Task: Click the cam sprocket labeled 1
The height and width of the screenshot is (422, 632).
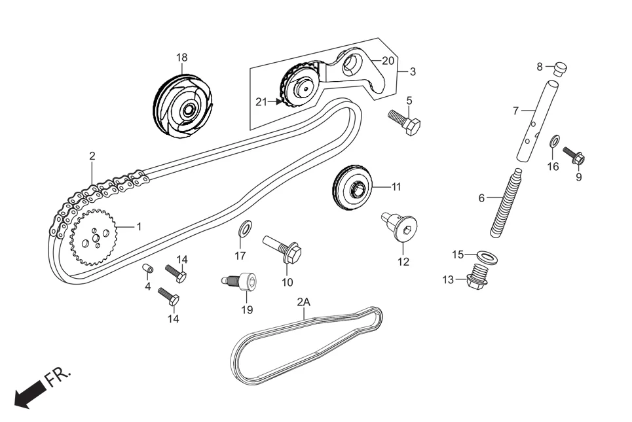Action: [x=94, y=237]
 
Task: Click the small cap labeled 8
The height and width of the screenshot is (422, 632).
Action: [x=560, y=67]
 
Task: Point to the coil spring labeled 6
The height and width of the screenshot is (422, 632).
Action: [x=506, y=202]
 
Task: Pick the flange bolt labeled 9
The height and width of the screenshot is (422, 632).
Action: [x=575, y=156]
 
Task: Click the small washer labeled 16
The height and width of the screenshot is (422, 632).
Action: [x=553, y=140]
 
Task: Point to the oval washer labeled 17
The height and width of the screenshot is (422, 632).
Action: [x=246, y=228]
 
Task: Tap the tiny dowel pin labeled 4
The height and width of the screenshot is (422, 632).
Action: [x=147, y=269]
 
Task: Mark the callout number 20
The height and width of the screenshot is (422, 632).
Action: [x=388, y=60]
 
